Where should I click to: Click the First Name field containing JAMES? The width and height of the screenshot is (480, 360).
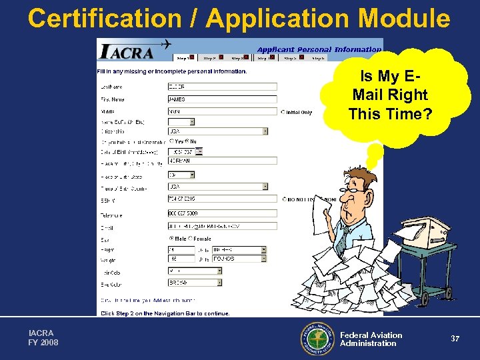221,99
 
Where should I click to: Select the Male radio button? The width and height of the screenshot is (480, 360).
171,238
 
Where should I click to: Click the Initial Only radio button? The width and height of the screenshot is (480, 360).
283,112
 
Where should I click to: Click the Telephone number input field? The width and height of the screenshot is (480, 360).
221,213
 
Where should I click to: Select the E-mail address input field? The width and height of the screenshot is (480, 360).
221,226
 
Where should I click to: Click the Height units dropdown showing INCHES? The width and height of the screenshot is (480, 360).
239,250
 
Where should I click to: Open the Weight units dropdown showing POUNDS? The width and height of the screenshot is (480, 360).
239,258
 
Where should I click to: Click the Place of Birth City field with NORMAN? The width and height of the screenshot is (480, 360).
221,161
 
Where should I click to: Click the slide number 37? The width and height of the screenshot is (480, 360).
455,339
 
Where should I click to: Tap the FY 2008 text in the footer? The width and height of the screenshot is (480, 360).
43,343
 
